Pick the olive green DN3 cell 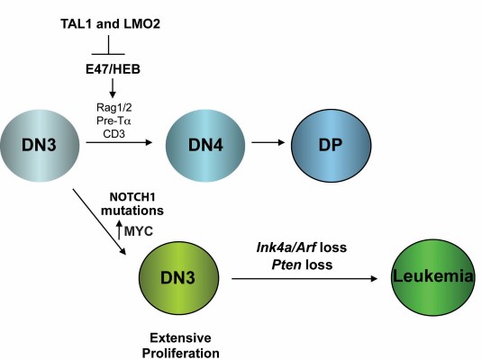pyautogui.click(x=184, y=278)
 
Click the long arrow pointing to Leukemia pyautogui.click(x=306, y=280)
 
